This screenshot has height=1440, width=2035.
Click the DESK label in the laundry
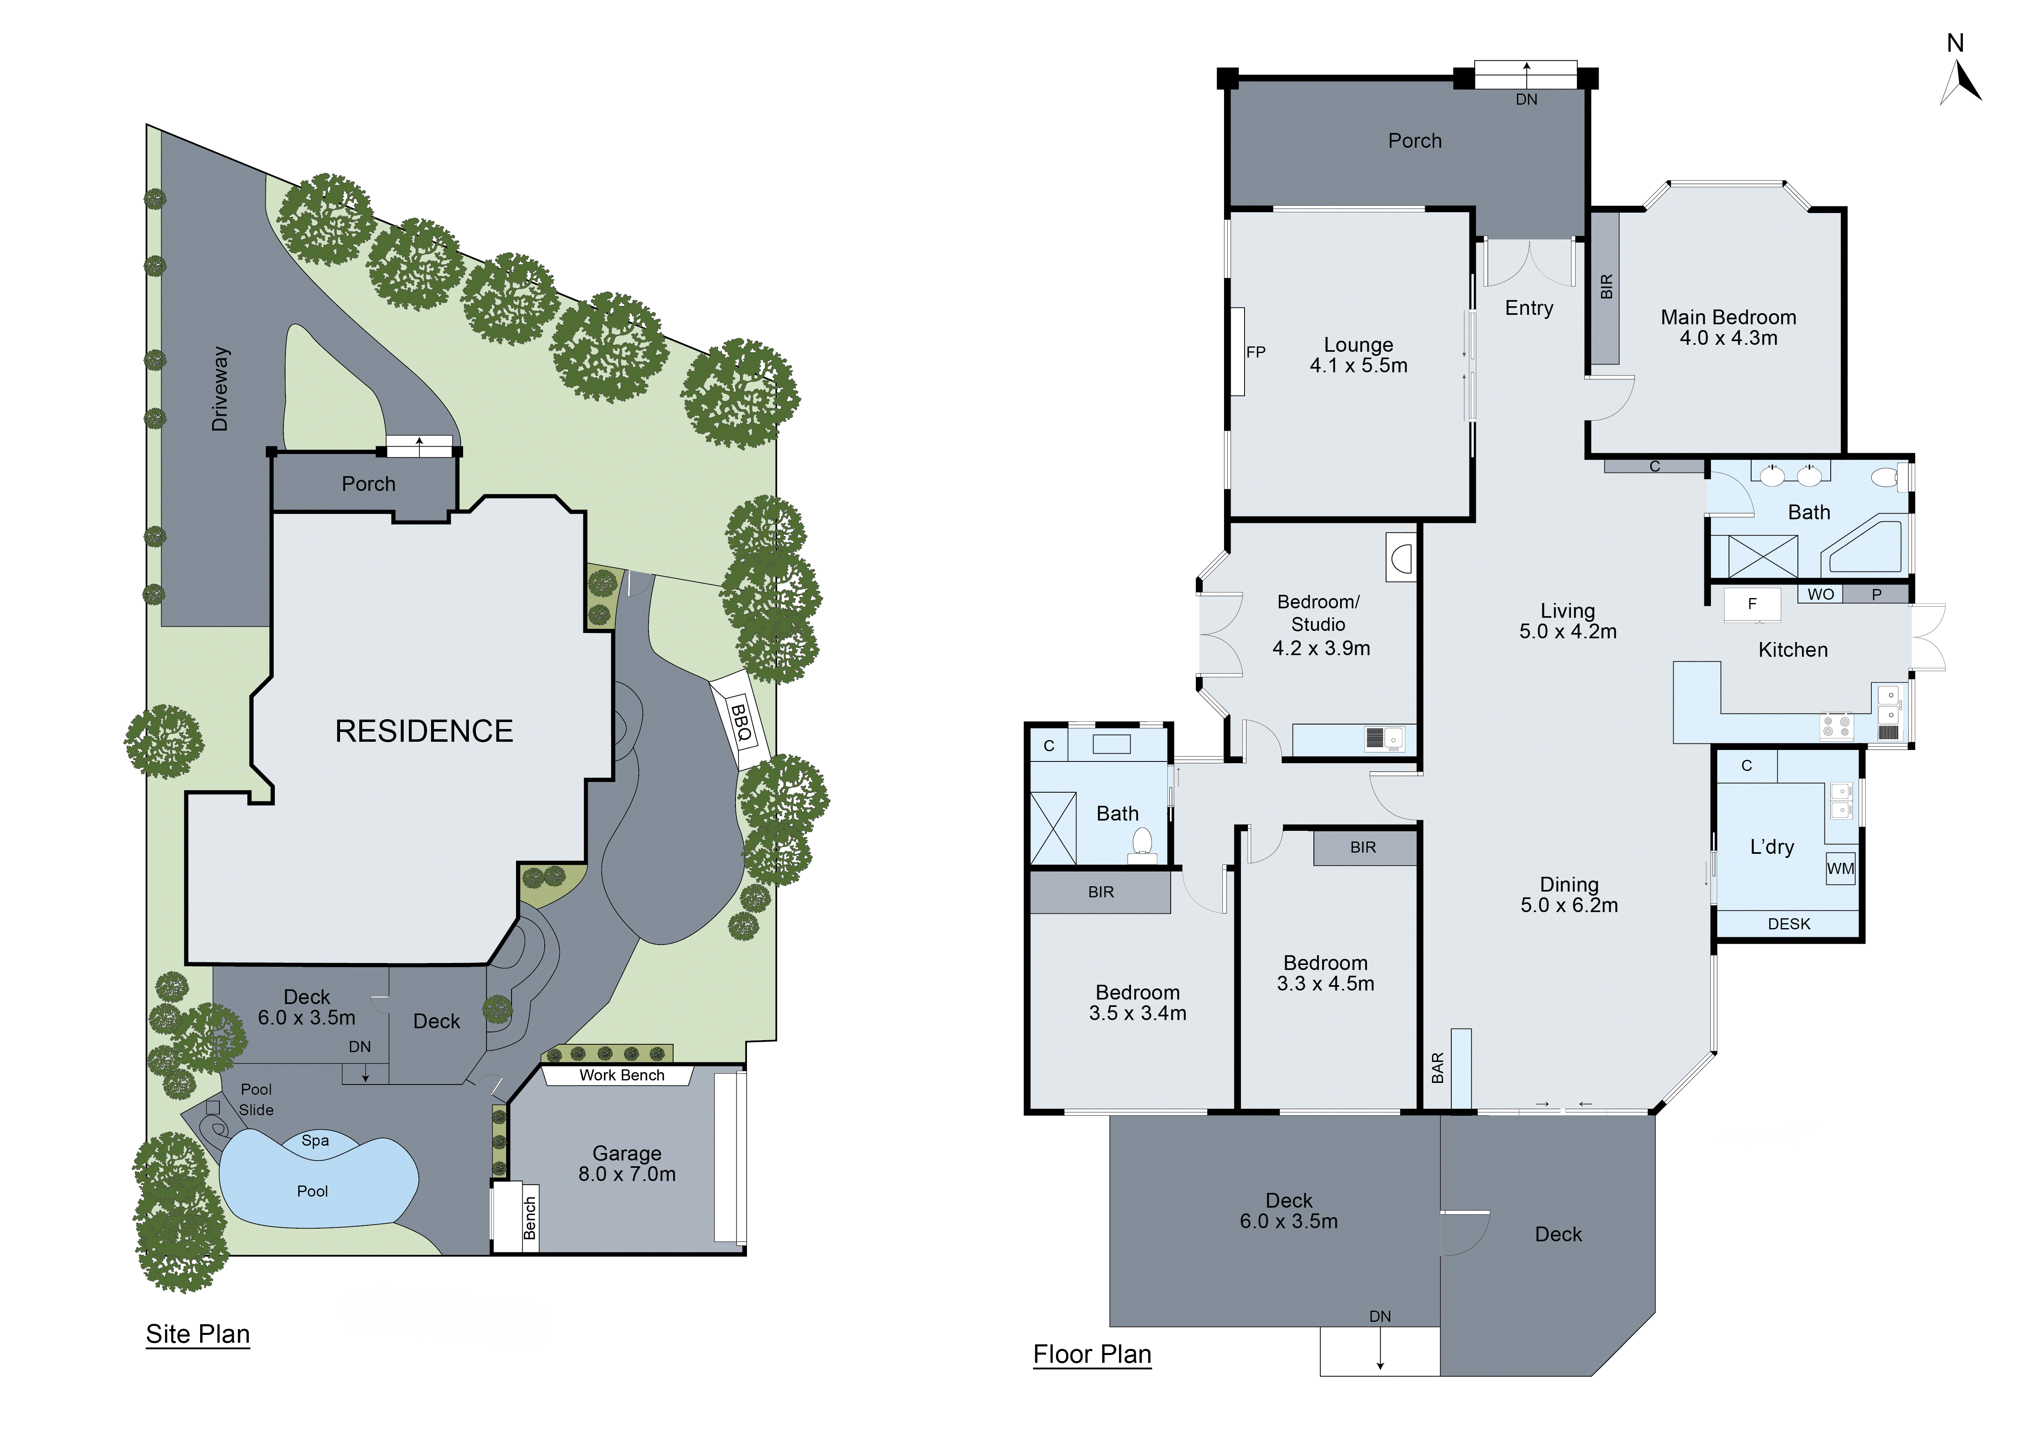click(1788, 924)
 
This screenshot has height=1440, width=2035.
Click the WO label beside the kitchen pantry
click(1820, 594)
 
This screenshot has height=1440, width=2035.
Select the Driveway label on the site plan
click(220, 388)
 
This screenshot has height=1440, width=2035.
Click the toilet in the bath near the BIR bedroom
click(1142, 844)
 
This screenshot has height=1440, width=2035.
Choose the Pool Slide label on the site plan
click(256, 1100)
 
